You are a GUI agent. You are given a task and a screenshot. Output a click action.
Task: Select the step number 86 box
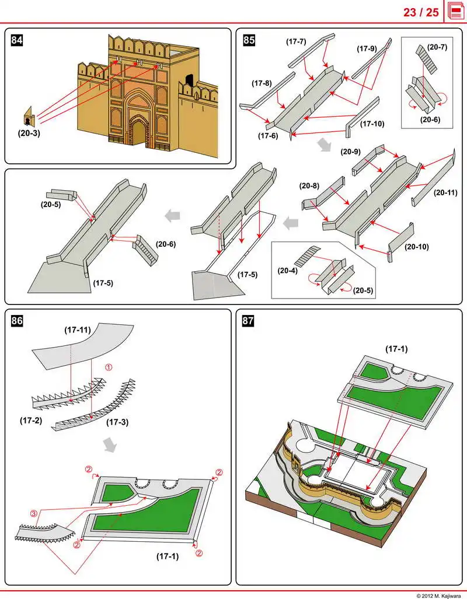[x=17, y=320]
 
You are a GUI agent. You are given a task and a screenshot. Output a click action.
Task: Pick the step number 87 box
[x=248, y=320]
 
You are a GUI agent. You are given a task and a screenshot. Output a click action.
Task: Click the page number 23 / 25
[x=421, y=12]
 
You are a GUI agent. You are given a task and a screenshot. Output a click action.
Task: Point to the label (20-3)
[x=29, y=133]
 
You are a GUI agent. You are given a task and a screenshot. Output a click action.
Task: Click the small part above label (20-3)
[x=29, y=117]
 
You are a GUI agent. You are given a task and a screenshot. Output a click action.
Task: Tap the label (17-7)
[x=296, y=41]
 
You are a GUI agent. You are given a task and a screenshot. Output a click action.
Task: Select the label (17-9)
[x=368, y=49]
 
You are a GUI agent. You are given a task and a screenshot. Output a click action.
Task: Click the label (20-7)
[x=437, y=47]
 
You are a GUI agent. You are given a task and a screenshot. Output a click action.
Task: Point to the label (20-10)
[x=416, y=246]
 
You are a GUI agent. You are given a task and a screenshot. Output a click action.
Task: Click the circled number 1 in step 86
[x=108, y=367]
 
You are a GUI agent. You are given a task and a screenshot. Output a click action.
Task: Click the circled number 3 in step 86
[x=34, y=513]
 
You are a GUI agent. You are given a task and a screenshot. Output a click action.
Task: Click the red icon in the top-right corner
[x=455, y=12]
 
